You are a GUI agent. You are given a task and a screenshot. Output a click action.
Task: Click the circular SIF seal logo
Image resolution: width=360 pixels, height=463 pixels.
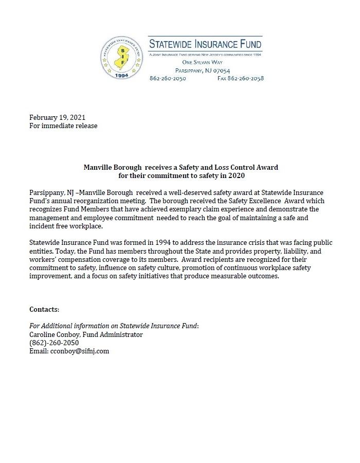click(x=122, y=58)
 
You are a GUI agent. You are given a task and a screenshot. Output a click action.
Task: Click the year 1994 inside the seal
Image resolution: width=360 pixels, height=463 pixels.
click(x=122, y=74)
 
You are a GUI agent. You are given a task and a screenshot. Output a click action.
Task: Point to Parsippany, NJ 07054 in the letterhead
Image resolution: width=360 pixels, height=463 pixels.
click(x=203, y=70)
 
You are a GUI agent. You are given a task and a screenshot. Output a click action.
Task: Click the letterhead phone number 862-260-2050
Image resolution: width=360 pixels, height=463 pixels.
click(x=168, y=79)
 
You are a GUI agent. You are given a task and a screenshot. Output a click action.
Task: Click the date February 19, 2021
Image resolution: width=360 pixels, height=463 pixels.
click(x=53, y=117)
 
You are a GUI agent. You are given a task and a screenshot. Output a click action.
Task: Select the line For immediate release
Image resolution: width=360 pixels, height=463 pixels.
click(x=63, y=126)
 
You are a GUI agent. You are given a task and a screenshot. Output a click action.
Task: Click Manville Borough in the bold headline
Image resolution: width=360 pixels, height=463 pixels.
click(x=113, y=167)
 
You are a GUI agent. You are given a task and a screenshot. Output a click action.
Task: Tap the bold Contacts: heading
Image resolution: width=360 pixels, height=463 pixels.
click(x=44, y=309)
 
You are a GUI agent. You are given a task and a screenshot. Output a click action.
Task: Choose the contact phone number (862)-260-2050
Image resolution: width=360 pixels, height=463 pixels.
click(x=54, y=343)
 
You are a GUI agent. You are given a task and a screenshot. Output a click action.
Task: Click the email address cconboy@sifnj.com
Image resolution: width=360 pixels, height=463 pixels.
click(x=79, y=351)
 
